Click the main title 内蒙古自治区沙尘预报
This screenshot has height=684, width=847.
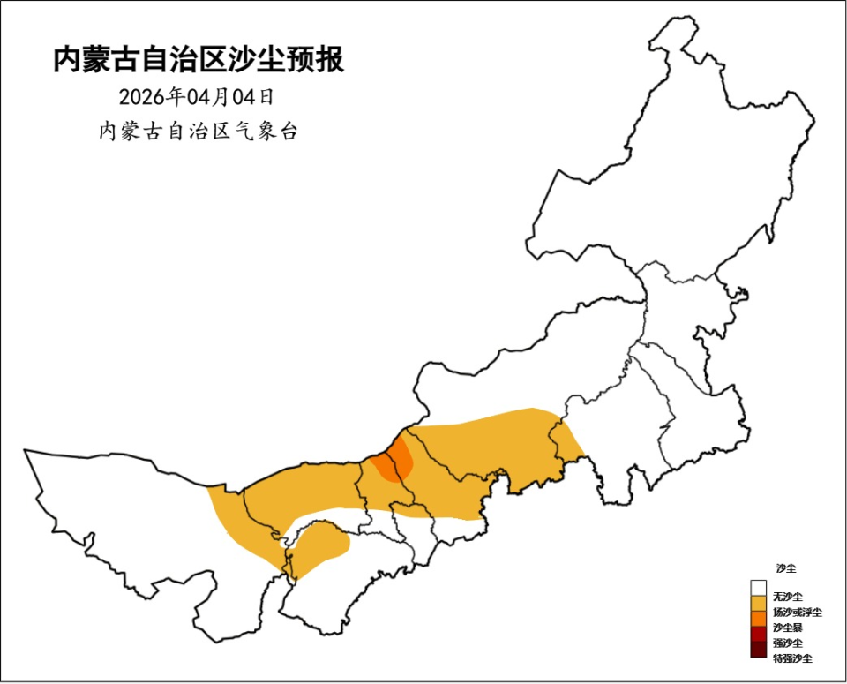tap(199, 59)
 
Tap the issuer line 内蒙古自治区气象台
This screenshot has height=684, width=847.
tap(199, 132)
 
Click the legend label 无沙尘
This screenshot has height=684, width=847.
tap(788, 598)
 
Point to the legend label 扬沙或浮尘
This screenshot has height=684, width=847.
tap(797, 613)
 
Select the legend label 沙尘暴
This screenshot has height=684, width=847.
tap(788, 628)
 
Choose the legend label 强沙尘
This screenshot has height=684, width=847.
tap(788, 643)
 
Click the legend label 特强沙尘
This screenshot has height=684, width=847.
tap(792, 658)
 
